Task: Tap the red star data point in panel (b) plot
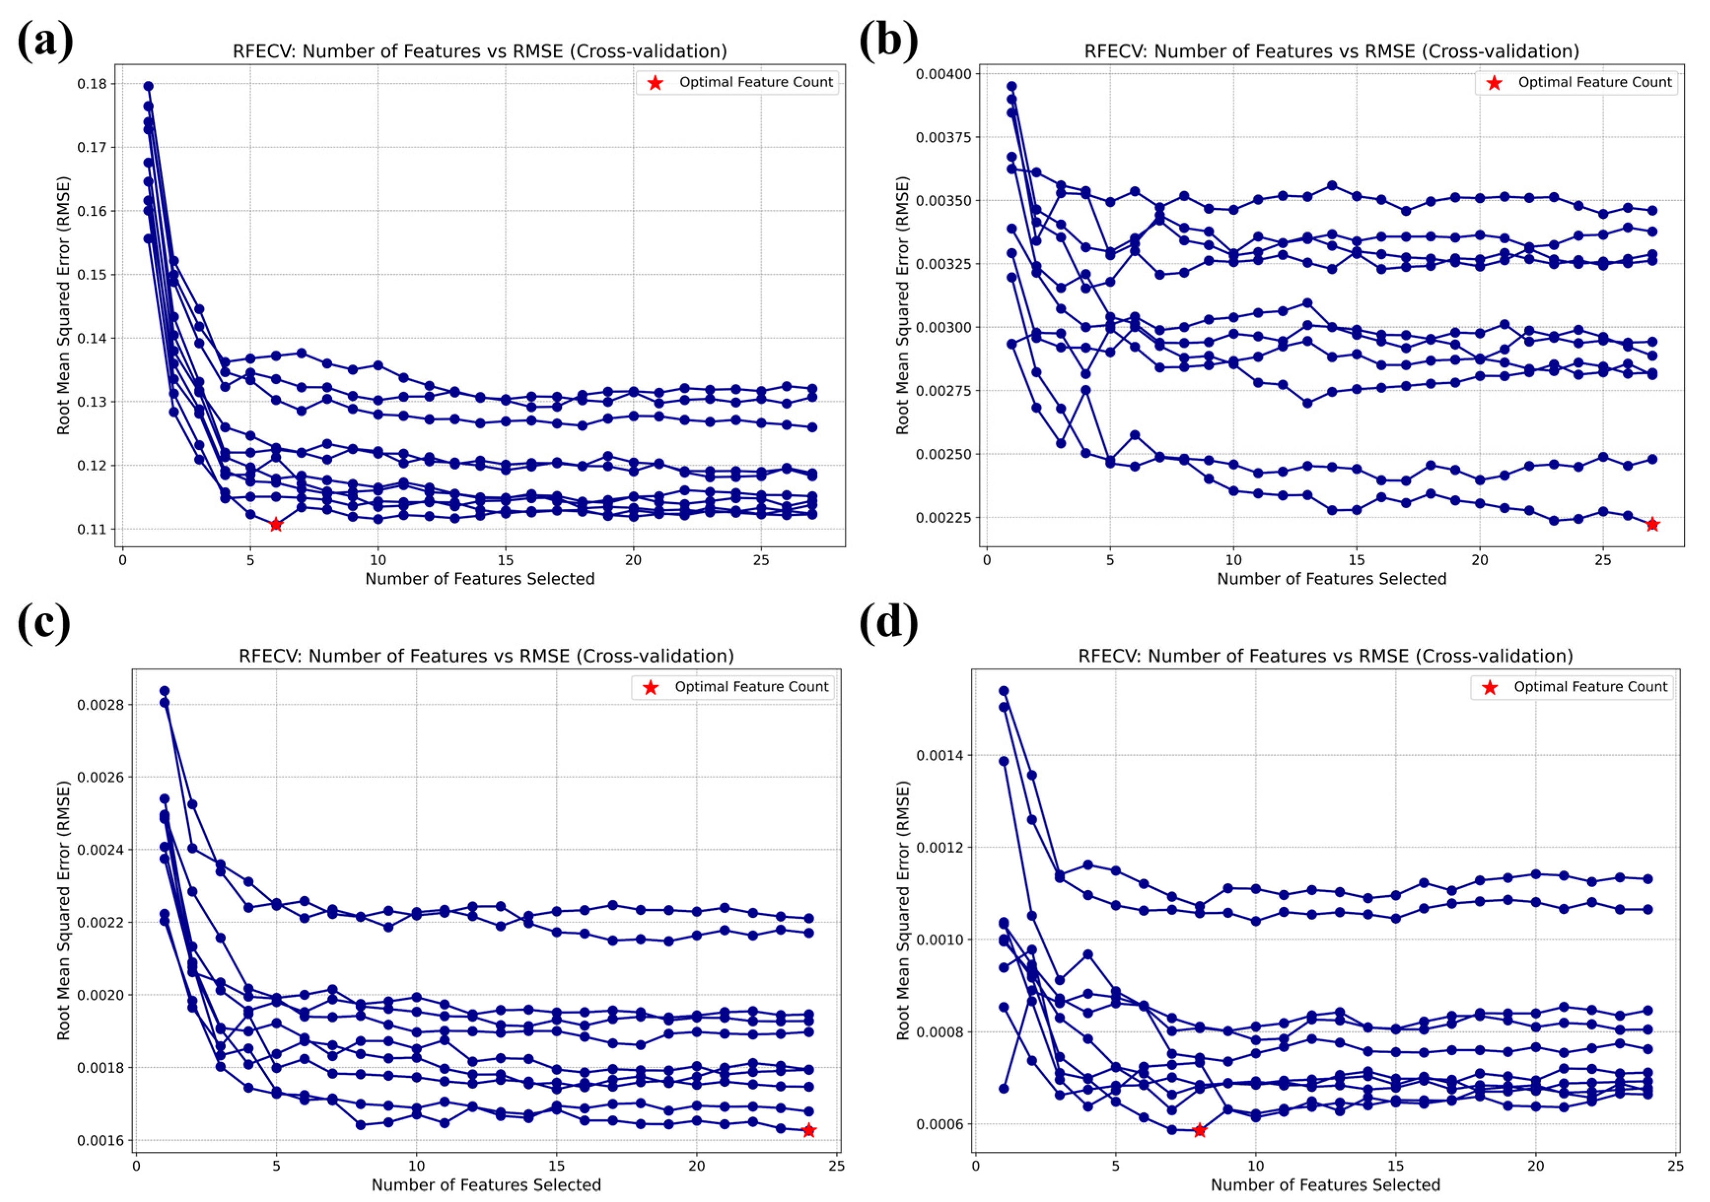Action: pyautogui.click(x=1652, y=524)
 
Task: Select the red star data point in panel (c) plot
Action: pyautogui.click(x=809, y=1131)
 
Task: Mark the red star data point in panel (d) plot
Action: pyautogui.click(x=1199, y=1131)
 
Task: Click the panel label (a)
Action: pyautogui.click(x=45, y=40)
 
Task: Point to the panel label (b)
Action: pyautogui.click(x=889, y=40)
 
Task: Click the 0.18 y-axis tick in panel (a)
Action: pyautogui.click(x=92, y=83)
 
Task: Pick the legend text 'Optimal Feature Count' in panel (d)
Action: pyautogui.click(x=1591, y=687)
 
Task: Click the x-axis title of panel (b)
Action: pyautogui.click(x=1332, y=579)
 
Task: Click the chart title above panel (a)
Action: pyautogui.click(x=479, y=51)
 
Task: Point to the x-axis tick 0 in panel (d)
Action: pyautogui.click(x=976, y=1166)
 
